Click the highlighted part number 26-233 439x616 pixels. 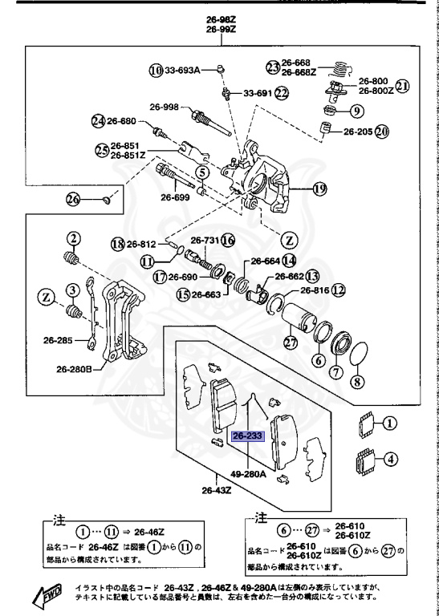(x=246, y=436)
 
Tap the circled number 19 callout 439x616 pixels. (x=320, y=190)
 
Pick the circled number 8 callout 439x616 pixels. (x=356, y=383)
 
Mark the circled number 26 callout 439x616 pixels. (x=73, y=199)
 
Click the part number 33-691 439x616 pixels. (x=257, y=92)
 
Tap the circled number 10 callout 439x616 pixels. (x=155, y=71)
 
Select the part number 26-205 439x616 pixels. (x=359, y=131)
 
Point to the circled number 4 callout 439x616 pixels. (x=390, y=460)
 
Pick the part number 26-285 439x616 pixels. (x=60, y=339)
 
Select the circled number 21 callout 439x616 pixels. (x=403, y=86)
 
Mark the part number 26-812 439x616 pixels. (x=142, y=244)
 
